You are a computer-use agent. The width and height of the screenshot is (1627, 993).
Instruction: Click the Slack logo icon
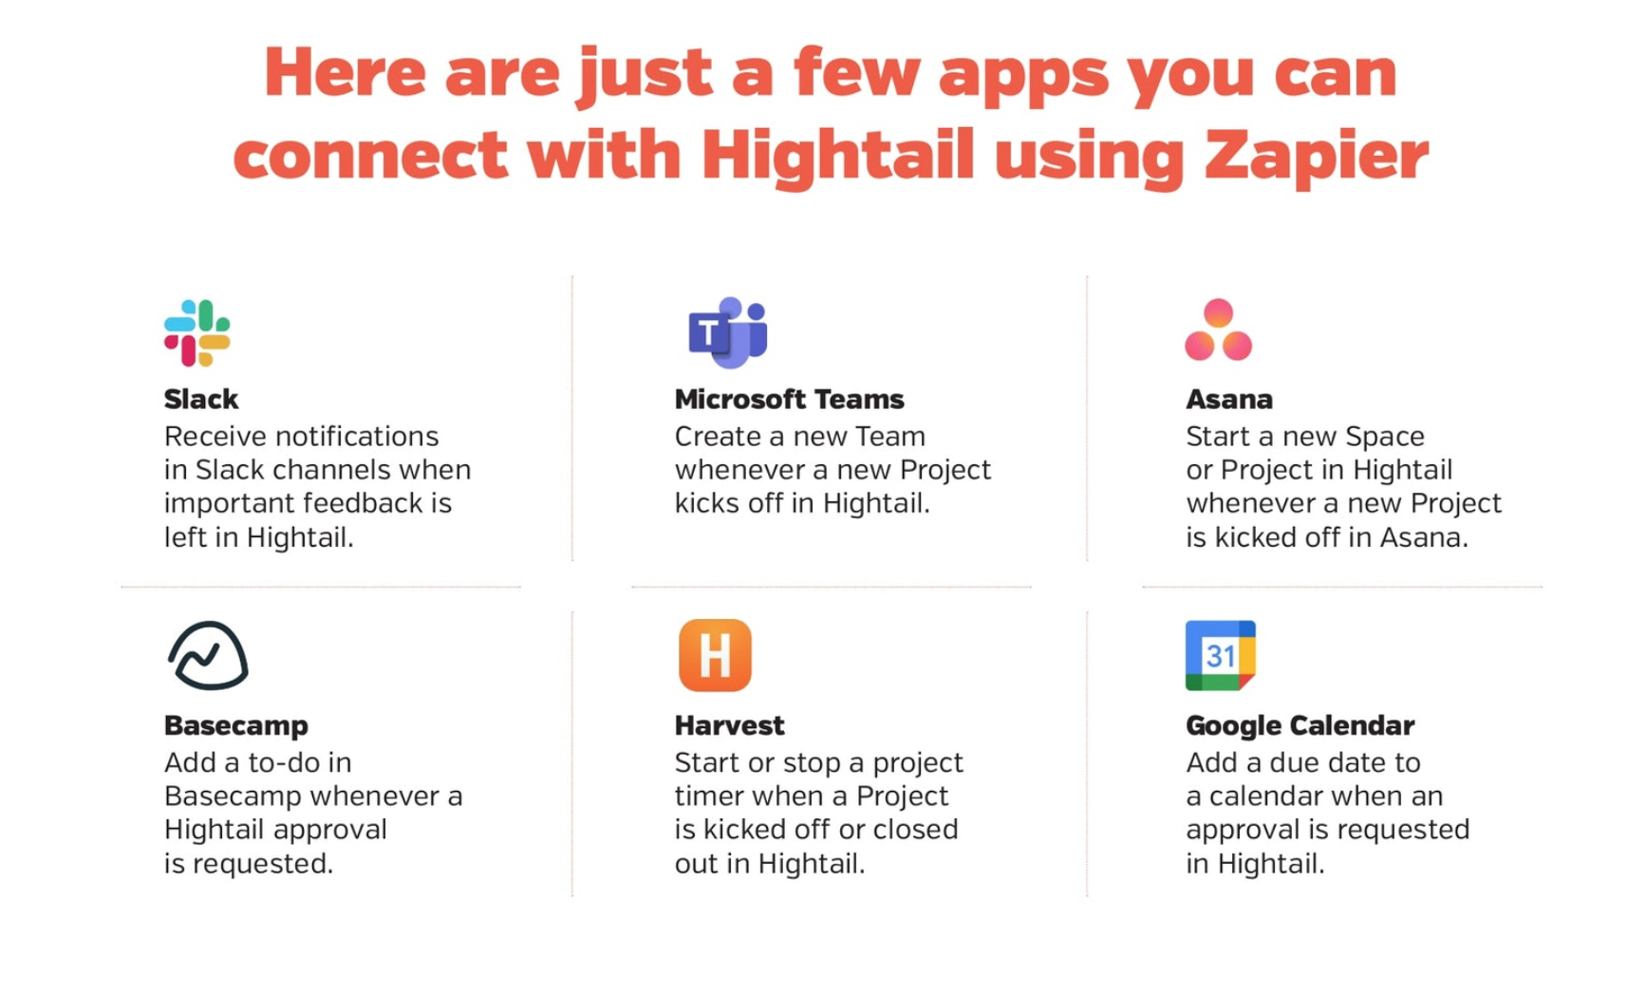196,332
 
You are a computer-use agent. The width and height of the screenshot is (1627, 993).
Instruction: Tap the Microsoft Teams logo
727,332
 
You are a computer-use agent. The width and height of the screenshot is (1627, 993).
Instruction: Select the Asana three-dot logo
1218,330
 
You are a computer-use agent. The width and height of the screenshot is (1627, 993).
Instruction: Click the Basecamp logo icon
207,655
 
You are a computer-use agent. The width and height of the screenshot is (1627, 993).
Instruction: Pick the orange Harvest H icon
715,655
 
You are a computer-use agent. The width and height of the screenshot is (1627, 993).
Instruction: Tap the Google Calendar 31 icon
1220,655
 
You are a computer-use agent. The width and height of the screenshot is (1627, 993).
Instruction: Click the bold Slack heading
200,400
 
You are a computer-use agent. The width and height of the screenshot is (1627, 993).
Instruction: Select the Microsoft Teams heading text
789,400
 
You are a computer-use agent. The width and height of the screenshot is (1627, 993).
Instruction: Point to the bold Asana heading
1228,400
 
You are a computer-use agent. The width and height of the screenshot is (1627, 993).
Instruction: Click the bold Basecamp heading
235,725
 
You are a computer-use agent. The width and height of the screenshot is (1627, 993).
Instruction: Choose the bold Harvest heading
729,725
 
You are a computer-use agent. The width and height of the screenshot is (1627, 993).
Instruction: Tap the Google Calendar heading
1300,725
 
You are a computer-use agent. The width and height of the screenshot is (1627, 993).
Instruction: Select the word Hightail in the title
838,155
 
